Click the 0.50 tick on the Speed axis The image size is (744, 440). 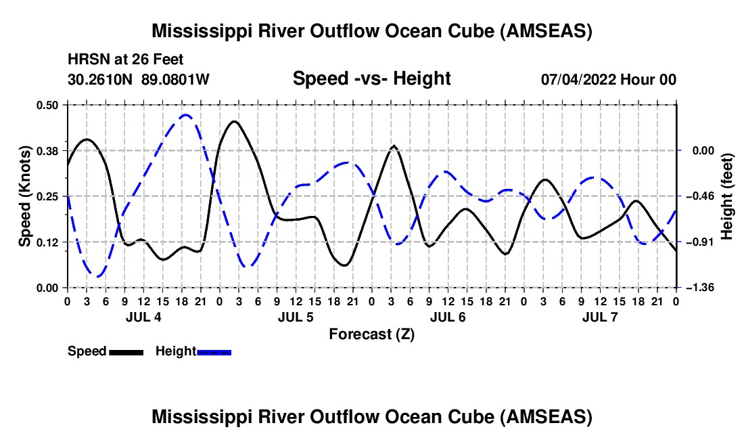tap(47, 105)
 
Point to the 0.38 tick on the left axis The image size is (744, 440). tap(47, 151)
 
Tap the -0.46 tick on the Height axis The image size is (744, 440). tap(703, 196)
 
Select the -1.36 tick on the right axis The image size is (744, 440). tap(703, 288)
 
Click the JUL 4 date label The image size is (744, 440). tap(143, 317)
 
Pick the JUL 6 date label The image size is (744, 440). tap(448, 317)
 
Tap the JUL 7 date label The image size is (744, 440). tap(600, 317)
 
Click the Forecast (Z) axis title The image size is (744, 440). tap(371, 334)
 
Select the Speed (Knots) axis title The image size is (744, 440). tap(24, 196)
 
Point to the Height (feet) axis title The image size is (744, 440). tap(727, 196)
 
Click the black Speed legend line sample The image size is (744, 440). tap(126, 352)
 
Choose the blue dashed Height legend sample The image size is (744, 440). tap(214, 352)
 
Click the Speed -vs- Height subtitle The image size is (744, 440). tap(371, 79)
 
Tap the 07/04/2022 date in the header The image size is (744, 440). tap(578, 79)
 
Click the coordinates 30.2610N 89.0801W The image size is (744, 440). tap(139, 79)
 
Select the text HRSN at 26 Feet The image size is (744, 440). tap(125, 60)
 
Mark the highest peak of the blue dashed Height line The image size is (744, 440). tap(185, 115)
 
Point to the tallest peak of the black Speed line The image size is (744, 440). tap(235, 122)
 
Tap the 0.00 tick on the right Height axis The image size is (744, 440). tap(703, 151)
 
